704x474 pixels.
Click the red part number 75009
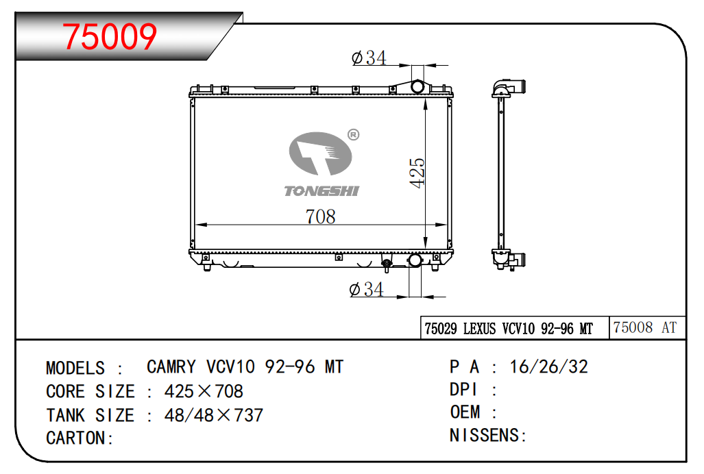point(110,36)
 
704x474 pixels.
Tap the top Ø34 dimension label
point(369,58)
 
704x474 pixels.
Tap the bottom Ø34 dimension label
point(366,290)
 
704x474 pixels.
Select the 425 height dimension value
point(417,173)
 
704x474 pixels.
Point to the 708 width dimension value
point(321,216)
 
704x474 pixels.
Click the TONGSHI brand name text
point(321,192)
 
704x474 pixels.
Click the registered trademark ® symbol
point(353,134)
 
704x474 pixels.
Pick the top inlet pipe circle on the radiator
point(417,86)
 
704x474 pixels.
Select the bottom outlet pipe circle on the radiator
point(415,260)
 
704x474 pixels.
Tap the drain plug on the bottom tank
point(387,265)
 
